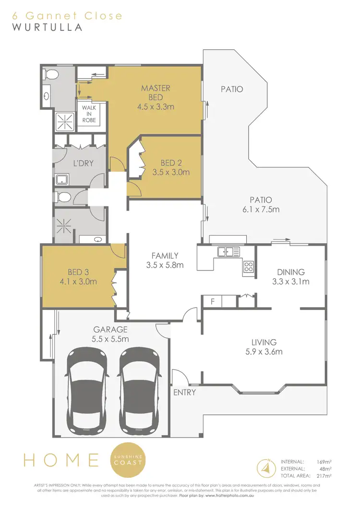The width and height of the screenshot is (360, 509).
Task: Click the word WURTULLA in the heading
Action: coord(47,27)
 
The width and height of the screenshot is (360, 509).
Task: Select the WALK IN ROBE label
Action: coord(89,114)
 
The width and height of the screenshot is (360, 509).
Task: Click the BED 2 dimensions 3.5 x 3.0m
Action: coord(171,172)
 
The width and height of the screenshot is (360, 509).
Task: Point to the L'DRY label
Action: coord(83,163)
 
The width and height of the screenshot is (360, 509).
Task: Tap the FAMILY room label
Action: coord(165,256)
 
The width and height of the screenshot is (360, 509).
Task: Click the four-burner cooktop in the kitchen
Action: coord(249,267)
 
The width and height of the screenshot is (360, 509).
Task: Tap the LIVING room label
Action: coord(264,342)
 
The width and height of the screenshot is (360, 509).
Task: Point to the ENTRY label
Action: coord(185,392)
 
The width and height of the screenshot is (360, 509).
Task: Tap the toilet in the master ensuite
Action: coord(51,75)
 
